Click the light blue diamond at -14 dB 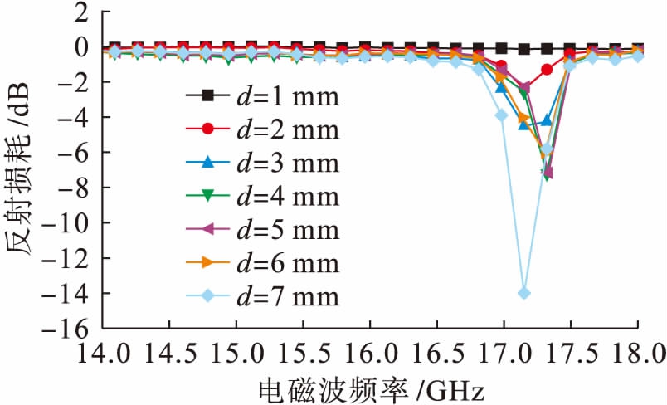pos(523,293)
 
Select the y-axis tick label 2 pos(80,12)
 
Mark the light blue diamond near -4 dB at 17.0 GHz pos(501,115)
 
